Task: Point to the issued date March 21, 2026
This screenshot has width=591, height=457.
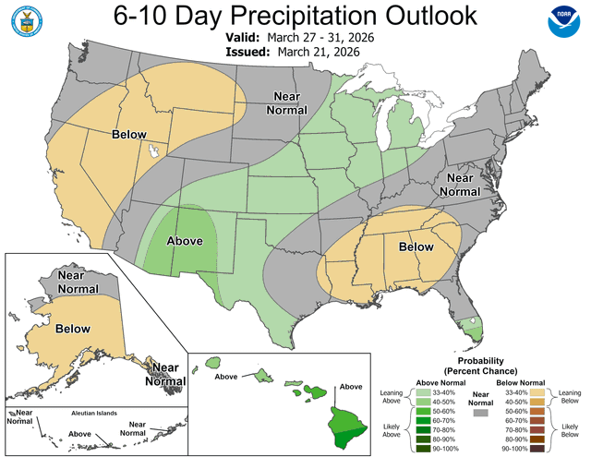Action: pyautogui.click(x=317, y=53)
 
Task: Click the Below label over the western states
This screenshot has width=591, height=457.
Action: pyautogui.click(x=129, y=135)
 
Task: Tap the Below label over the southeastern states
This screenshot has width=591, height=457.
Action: pyautogui.click(x=416, y=247)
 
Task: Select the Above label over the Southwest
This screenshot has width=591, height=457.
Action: pyautogui.click(x=185, y=242)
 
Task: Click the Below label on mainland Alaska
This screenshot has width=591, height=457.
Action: pyautogui.click(x=72, y=328)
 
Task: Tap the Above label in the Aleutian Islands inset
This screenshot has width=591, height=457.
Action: pyautogui.click(x=80, y=433)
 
